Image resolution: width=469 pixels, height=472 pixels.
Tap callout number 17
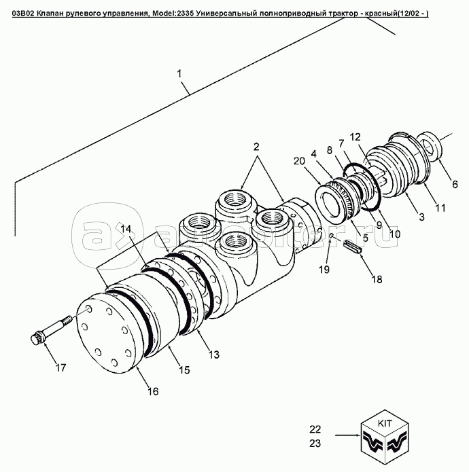(x=60, y=369)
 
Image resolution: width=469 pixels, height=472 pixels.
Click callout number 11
(x=440, y=208)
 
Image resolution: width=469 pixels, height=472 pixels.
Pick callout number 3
(x=421, y=217)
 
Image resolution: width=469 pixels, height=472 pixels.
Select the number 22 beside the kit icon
(x=315, y=429)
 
